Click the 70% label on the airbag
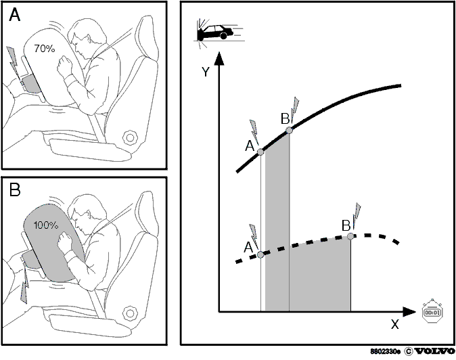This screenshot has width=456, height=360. pos(44,49)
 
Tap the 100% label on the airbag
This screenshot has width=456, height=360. pos(46,225)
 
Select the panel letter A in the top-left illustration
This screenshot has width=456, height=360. pos(14,14)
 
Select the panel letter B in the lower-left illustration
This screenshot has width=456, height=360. pos(15,190)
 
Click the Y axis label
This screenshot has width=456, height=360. pos(206,72)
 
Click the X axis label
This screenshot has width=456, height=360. pos(394,324)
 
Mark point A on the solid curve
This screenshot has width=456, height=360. pos(260,152)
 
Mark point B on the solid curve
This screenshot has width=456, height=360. pos(289,131)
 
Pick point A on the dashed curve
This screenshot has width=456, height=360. pos(260,254)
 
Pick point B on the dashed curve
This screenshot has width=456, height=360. pos(350,236)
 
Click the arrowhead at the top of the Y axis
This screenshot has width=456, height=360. pos(219,58)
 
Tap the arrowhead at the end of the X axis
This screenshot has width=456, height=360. pos(409,312)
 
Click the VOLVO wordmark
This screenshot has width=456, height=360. pos(434,351)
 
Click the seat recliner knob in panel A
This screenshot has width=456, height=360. pos(130,137)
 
